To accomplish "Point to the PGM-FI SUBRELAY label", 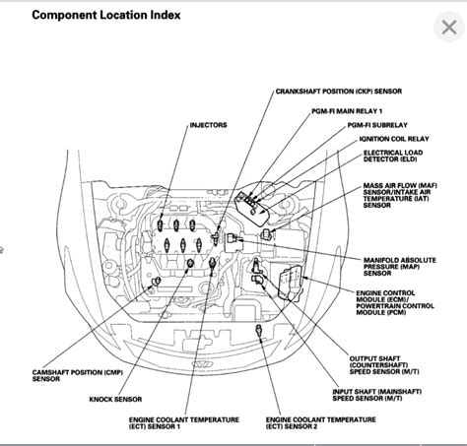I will pos(348,126).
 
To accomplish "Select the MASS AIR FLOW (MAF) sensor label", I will pos(398,186).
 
